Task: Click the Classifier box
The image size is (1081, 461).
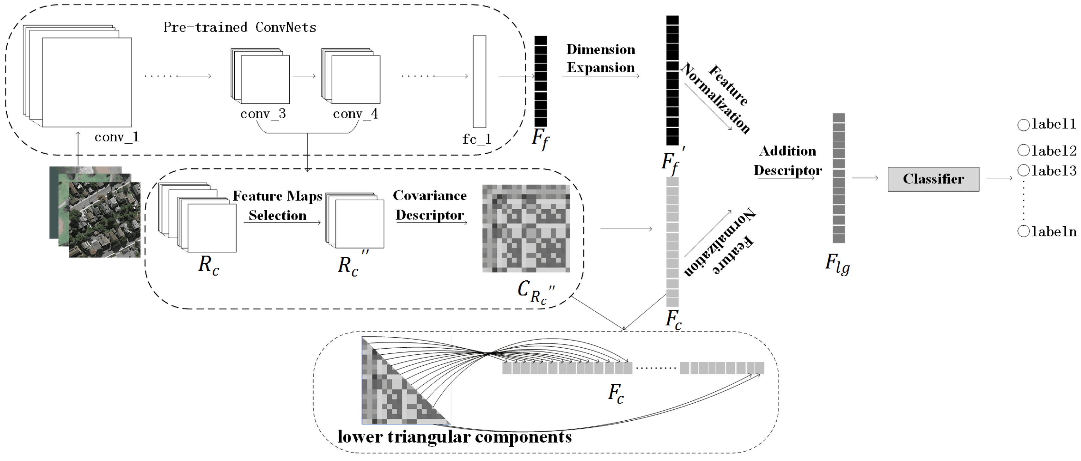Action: (x=933, y=179)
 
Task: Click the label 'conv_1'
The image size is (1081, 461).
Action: (x=117, y=137)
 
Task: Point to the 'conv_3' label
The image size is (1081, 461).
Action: (x=263, y=114)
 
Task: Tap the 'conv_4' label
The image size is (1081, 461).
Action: (x=355, y=114)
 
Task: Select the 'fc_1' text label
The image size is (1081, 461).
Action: (x=477, y=139)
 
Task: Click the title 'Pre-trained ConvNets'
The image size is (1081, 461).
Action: (x=240, y=27)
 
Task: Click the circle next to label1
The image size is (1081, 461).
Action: (x=1023, y=125)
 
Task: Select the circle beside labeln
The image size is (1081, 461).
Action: (x=1023, y=231)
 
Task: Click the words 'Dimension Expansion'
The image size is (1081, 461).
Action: (x=600, y=59)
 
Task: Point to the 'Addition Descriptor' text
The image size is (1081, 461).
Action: (x=787, y=160)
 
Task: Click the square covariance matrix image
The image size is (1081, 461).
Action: (x=526, y=229)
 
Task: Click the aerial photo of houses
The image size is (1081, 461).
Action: (x=105, y=220)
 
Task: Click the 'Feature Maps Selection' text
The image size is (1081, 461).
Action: (x=277, y=205)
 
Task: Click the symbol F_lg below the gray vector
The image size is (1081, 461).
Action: (x=837, y=264)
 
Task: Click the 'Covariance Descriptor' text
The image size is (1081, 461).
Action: (x=430, y=205)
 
